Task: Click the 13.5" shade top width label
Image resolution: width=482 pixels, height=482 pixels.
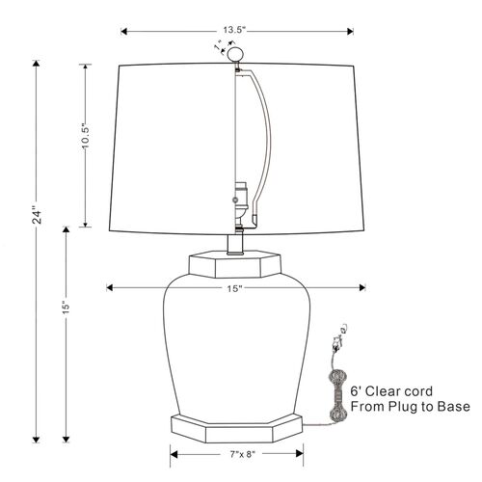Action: [x=234, y=30]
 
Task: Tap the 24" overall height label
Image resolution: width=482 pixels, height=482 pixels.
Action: [x=38, y=217]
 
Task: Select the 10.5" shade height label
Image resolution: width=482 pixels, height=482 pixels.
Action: [x=86, y=136]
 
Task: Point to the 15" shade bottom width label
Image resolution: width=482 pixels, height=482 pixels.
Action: [x=234, y=288]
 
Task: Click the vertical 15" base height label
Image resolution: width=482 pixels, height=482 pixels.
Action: [x=67, y=308]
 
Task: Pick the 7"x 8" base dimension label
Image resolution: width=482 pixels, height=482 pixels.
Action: [x=243, y=454]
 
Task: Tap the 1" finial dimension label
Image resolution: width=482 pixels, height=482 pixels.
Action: [x=219, y=45]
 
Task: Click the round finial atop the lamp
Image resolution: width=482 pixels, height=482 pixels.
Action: [x=234, y=54]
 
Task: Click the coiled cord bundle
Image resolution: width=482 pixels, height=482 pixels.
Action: [x=337, y=395]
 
